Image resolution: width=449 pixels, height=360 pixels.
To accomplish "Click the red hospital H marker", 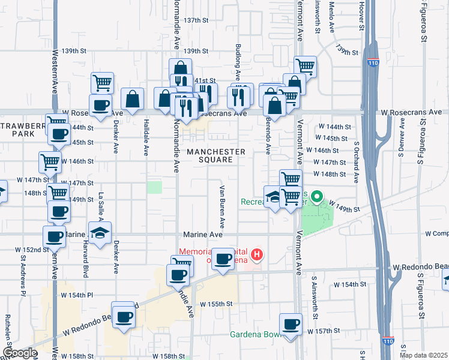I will (257, 255).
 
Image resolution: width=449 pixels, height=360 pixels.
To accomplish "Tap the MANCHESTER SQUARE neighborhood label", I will (216, 155).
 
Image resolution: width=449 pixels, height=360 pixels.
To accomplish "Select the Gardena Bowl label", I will (256, 334).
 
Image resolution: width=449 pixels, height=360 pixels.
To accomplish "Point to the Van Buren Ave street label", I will (221, 206).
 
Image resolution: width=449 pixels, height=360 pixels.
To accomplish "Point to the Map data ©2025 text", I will (423, 355).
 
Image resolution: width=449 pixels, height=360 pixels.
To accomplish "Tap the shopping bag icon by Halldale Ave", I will (132, 99).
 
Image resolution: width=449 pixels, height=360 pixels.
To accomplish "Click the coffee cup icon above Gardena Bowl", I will (291, 324).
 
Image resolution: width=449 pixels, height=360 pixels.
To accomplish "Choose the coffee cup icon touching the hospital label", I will (223, 259).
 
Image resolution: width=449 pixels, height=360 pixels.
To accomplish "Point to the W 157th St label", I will (324, 331).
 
